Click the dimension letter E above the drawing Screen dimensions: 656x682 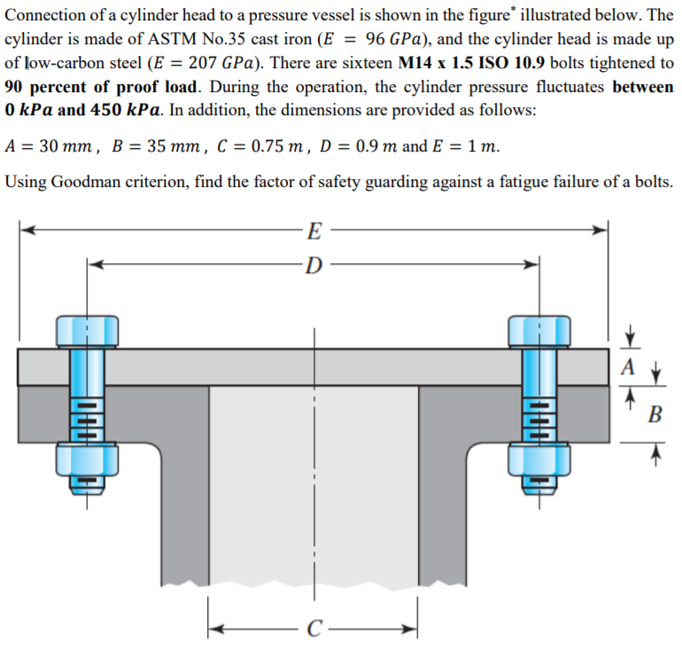click(x=312, y=233)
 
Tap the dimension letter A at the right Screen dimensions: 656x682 click(x=629, y=366)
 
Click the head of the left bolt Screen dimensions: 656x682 click(x=87, y=330)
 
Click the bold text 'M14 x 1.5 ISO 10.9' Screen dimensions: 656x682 click(x=471, y=65)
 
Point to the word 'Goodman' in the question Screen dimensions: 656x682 click(x=85, y=182)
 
